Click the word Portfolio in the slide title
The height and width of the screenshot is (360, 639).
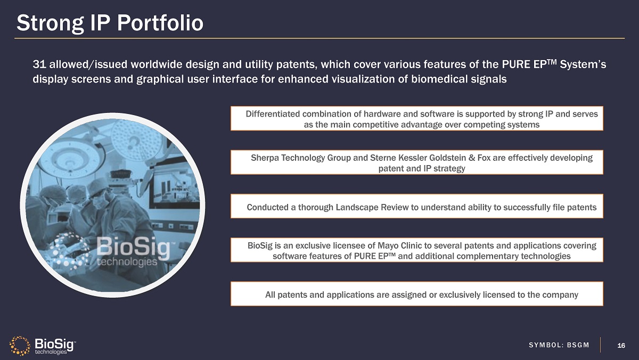pyautogui.click(x=160, y=23)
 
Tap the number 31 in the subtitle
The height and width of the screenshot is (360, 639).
pyautogui.click(x=39, y=64)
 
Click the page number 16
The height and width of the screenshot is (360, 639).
pyautogui.click(x=621, y=346)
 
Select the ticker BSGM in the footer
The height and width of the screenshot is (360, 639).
pyautogui.click(x=578, y=345)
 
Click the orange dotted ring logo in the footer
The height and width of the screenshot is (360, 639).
pyautogui.click(x=20, y=346)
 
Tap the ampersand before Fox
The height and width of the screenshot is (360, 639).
pyautogui.click(x=472, y=158)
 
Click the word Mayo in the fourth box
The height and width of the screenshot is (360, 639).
pyautogui.click(x=388, y=246)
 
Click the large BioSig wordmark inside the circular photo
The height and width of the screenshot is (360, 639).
pyautogui.click(x=134, y=247)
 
